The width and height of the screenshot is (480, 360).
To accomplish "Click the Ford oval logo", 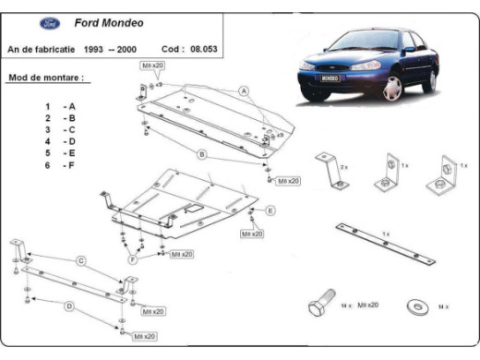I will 26,24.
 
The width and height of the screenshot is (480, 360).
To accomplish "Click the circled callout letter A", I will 245,90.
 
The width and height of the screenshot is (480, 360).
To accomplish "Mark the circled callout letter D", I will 68,305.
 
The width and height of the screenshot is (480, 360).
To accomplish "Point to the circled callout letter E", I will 270,211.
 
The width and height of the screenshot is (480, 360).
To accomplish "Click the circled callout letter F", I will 134,260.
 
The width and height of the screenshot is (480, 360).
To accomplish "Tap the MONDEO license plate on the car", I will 330,79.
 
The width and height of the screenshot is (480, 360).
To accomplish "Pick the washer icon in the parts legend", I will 414,305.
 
